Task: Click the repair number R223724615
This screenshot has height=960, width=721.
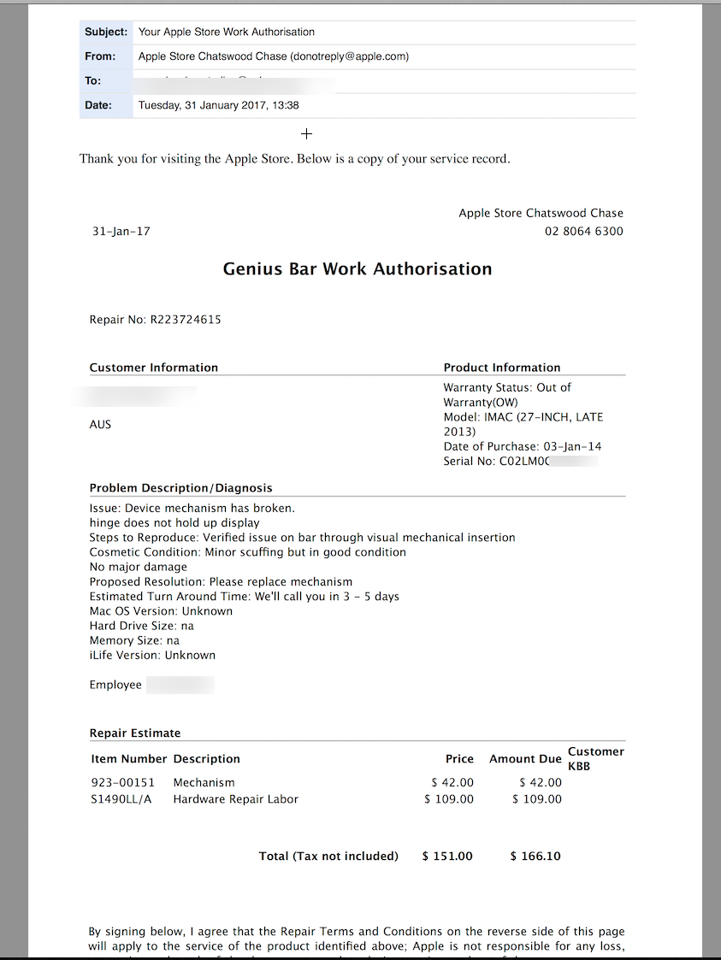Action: [x=186, y=320]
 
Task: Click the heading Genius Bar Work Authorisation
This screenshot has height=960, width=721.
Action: [x=358, y=269]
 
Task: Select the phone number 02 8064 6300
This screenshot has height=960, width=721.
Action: [x=584, y=232]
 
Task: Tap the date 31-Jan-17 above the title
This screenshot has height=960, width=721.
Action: [x=121, y=232]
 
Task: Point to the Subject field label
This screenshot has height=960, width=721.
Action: [x=106, y=32]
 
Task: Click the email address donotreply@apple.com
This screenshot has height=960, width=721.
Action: [x=349, y=56]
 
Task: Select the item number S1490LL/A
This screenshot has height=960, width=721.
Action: [x=121, y=799]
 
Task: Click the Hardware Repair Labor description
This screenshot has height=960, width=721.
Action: [x=235, y=799]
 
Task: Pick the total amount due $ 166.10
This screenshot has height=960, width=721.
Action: [x=535, y=856]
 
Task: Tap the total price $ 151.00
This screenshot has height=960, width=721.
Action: [x=447, y=856]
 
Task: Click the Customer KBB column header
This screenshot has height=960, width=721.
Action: [x=595, y=758]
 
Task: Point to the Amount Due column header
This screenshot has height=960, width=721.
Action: [x=525, y=759]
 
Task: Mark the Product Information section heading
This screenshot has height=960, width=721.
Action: [x=502, y=368]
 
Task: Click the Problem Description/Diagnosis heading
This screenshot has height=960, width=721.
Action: [x=180, y=488]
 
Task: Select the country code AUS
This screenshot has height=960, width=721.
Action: [x=100, y=425]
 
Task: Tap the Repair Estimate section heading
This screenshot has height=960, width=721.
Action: [x=135, y=733]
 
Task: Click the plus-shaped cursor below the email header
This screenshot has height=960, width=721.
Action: [x=307, y=133]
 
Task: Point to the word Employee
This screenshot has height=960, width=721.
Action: [x=115, y=685]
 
